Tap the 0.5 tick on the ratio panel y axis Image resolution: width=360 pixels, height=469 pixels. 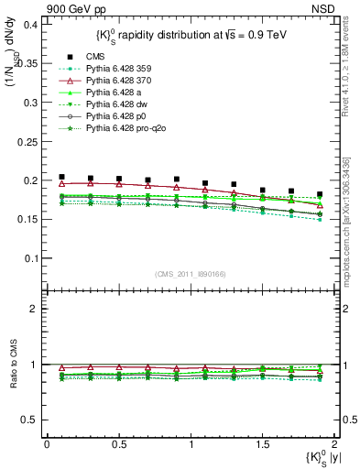tap(30, 420)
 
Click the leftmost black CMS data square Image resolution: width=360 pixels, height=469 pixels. tap(61, 177)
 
